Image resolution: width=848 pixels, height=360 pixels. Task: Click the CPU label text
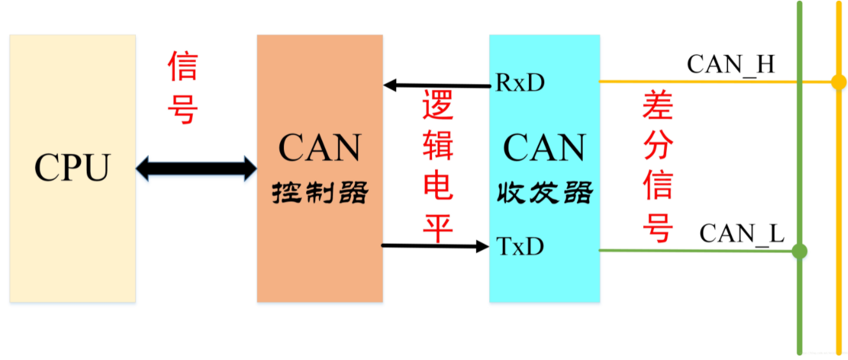72,168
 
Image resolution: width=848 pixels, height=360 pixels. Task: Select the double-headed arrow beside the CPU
197,169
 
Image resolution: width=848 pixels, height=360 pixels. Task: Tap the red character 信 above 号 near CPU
183,66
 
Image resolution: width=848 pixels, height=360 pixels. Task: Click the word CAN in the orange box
319,148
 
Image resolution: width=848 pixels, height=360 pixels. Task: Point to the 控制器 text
320,192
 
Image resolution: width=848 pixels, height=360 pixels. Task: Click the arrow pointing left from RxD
437,85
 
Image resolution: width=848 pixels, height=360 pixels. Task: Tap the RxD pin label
520,83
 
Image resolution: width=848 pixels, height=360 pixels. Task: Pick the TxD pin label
520,246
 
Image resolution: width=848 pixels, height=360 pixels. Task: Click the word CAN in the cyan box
544,148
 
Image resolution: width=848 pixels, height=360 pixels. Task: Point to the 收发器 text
544,192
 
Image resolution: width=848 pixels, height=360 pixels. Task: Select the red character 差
658,106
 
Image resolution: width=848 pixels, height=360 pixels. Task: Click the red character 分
658,146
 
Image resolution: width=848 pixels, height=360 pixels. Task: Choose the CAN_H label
731,64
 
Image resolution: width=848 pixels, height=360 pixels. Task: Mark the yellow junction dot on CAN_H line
838,82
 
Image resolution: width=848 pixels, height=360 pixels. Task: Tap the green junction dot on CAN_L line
799,251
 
